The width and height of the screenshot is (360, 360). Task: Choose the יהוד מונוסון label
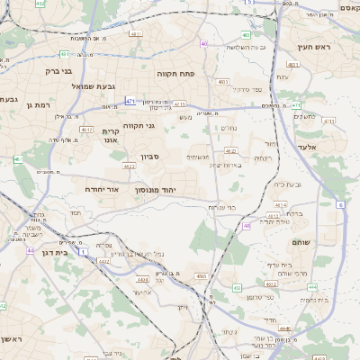tap(159, 190)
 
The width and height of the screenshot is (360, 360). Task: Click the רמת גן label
tap(42, 105)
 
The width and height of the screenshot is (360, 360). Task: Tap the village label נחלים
tap(229, 128)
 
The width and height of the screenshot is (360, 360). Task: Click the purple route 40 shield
tap(204, 43)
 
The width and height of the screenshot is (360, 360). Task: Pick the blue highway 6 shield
tap(341, 205)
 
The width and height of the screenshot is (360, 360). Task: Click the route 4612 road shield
tap(86, 130)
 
